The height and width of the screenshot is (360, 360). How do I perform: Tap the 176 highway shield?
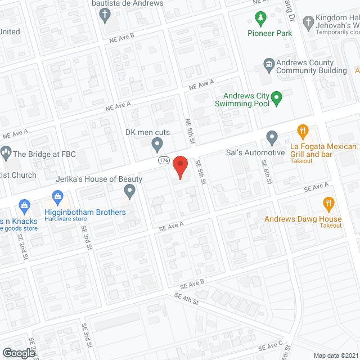coord(164,160)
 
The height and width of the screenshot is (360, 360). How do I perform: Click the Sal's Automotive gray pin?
coord(272,138)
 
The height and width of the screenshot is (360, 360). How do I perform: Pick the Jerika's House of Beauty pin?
coord(130,192)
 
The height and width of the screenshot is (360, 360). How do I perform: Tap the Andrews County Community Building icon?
coord(269,65)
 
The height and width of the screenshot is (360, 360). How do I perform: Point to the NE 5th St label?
coord(190,130)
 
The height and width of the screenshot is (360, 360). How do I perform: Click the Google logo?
coord(19,353)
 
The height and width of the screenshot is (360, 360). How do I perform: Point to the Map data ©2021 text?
coord(335,355)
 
